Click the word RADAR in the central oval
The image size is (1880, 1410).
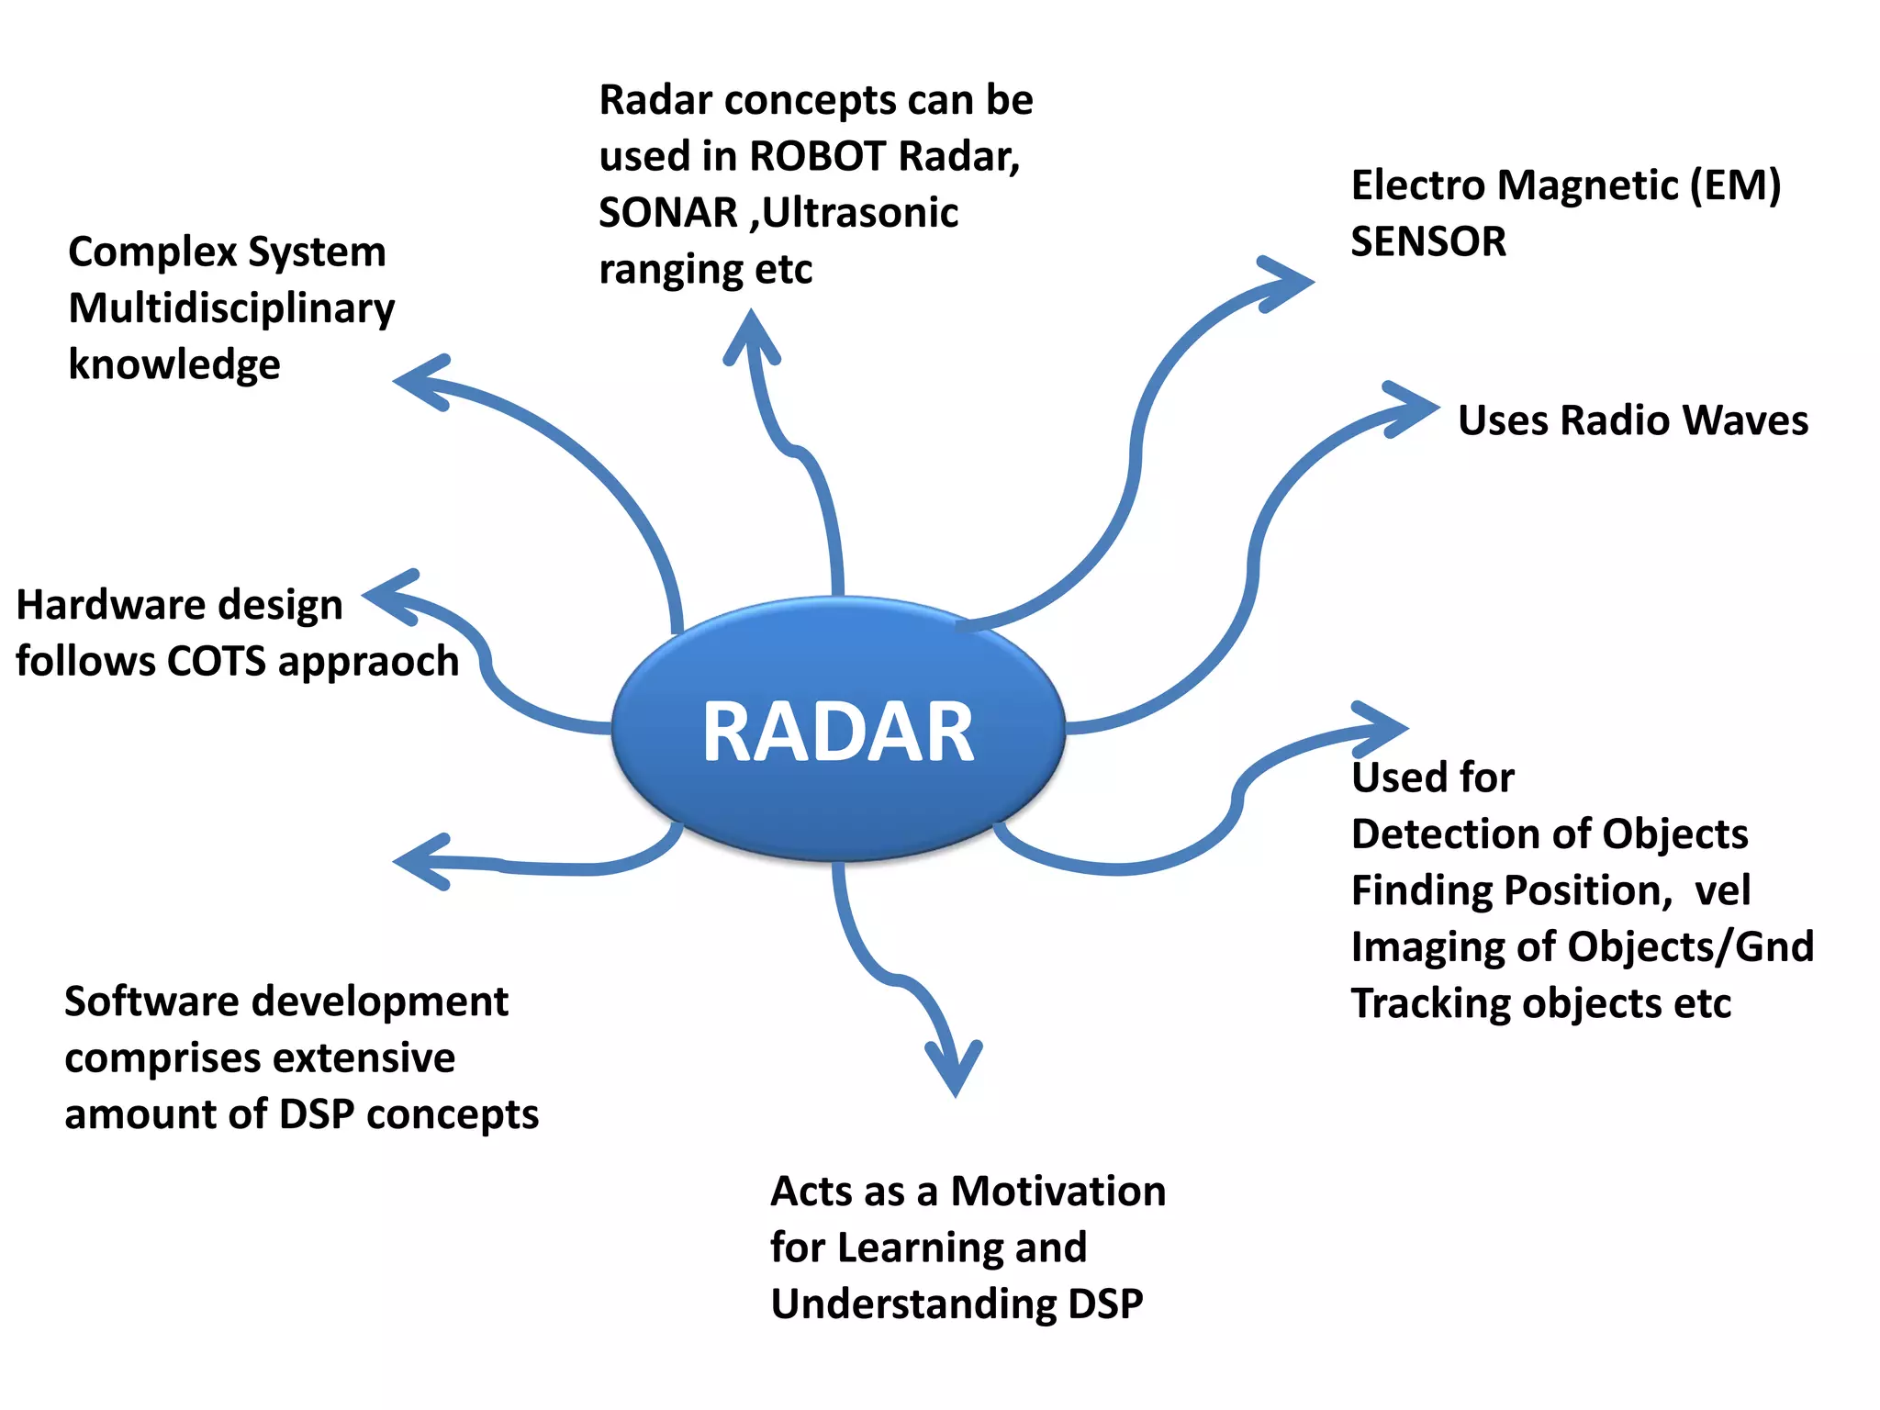(837, 732)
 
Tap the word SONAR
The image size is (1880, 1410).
(668, 213)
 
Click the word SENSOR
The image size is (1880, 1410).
(1428, 242)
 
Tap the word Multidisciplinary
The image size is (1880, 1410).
(231, 308)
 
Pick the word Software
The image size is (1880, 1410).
(143, 1002)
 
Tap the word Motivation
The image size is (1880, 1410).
(1057, 1192)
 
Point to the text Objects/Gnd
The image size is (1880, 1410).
(1707, 947)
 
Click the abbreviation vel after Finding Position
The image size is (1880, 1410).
(1722, 890)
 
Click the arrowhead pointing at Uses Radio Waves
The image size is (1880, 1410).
(1414, 409)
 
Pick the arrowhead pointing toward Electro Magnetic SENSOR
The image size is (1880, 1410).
(1289, 283)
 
